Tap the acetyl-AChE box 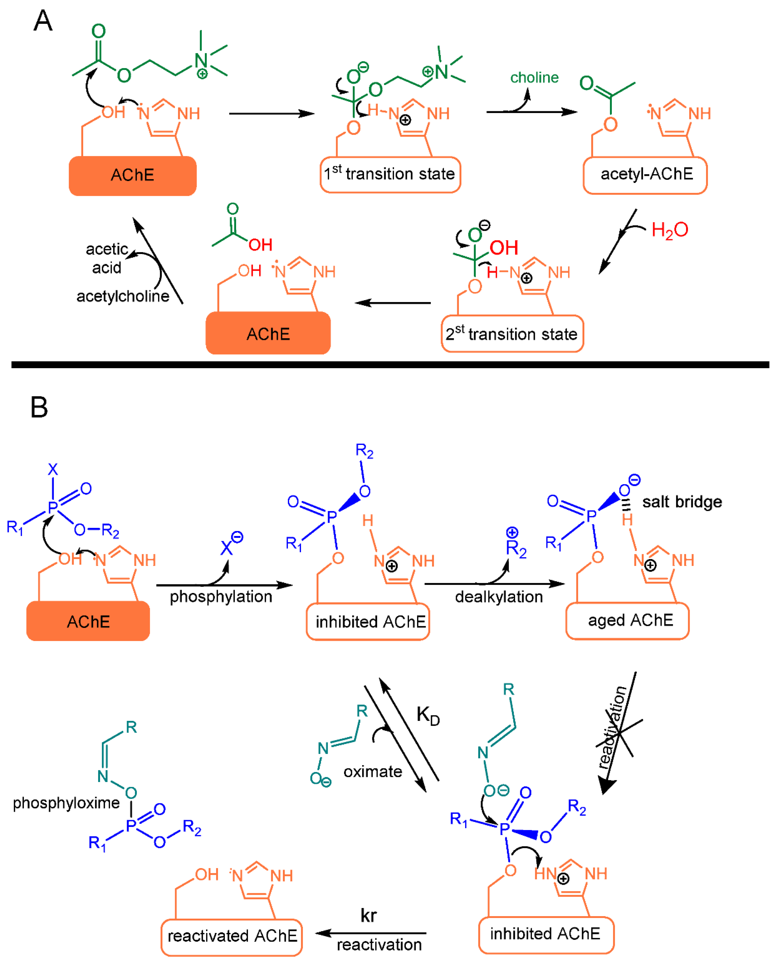[x=645, y=175]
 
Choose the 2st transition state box [x=512, y=334]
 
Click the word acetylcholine [x=123, y=296]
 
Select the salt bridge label [x=682, y=502]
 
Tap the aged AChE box [x=627, y=620]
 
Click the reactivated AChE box [x=231, y=935]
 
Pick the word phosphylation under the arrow [x=221, y=596]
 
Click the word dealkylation [x=499, y=596]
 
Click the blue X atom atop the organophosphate [x=53, y=469]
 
